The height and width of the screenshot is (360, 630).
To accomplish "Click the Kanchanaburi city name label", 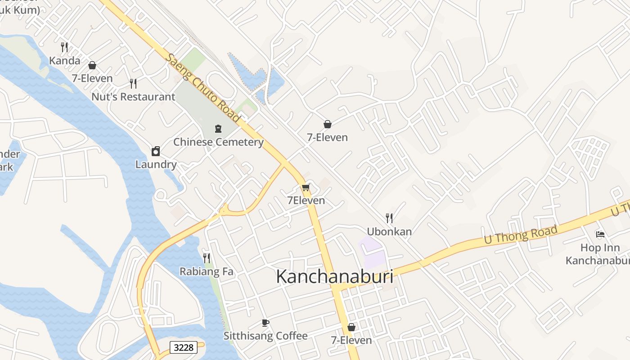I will pos(334,276).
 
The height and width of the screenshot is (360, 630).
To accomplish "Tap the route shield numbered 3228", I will pos(184,347).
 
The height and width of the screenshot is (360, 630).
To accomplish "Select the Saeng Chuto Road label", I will pos(202,87).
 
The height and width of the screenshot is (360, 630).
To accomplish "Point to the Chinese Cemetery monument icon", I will pos(218,129).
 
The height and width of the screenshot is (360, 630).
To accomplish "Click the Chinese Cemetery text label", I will pos(218,142).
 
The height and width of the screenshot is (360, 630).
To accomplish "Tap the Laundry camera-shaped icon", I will pos(156,151).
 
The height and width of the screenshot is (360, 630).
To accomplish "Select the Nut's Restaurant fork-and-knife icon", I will pos(133,83).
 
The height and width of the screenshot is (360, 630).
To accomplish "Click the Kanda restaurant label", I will pos(65,61).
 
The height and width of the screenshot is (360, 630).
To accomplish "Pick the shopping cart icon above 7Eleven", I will pos(306,187).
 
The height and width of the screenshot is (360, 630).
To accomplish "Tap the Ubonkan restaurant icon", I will pos(389,218).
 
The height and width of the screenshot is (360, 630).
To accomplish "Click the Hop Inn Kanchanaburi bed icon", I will pos(600,234).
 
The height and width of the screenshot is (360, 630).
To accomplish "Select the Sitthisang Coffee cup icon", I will pos(265,323).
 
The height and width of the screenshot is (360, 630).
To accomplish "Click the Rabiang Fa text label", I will pos(207,271).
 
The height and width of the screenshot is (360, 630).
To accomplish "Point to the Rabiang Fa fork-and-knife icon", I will pos(207,258).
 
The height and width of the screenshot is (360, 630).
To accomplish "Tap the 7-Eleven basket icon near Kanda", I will pos(92,65).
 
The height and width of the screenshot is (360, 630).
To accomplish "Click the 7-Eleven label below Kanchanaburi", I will pos(351,340).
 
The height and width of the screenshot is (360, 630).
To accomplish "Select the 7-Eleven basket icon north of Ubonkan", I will pos(328,124).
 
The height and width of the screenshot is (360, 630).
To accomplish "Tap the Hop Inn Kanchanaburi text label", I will pos(599,254).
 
